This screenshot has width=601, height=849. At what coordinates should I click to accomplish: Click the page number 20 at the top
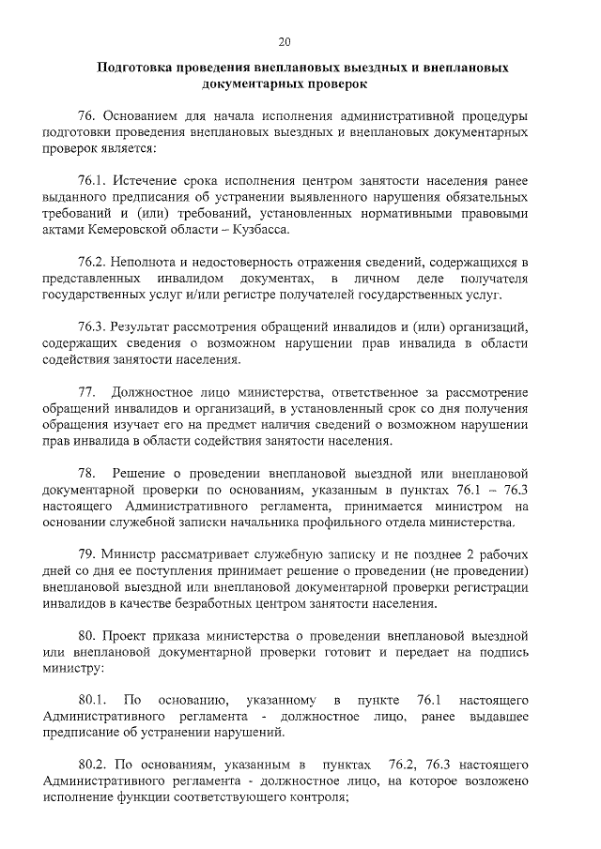285,40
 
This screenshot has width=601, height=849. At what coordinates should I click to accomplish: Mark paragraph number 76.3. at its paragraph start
92,327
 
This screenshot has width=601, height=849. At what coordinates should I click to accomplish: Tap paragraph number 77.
86,392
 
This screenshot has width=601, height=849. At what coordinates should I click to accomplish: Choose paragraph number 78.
86,473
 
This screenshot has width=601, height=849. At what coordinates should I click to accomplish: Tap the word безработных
249,602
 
